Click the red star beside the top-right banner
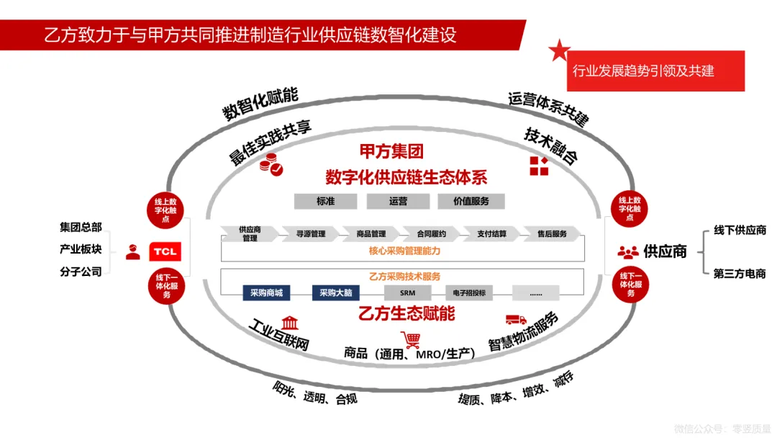[559, 50]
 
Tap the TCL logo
[165, 251]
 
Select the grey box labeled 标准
[325, 201]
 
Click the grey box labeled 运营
[398, 201]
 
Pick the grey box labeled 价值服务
[471, 201]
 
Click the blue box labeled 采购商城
[266, 292]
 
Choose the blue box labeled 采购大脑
[335, 292]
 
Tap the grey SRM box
[406, 292]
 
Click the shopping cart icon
[412, 339]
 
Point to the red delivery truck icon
[516, 319]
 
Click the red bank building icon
[290, 322]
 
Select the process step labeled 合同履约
[432, 233]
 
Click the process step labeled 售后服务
[552, 233]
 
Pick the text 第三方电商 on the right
[739, 273]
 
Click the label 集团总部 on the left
[81, 227]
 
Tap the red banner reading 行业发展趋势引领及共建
[655, 71]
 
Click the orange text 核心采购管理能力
[404, 251]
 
